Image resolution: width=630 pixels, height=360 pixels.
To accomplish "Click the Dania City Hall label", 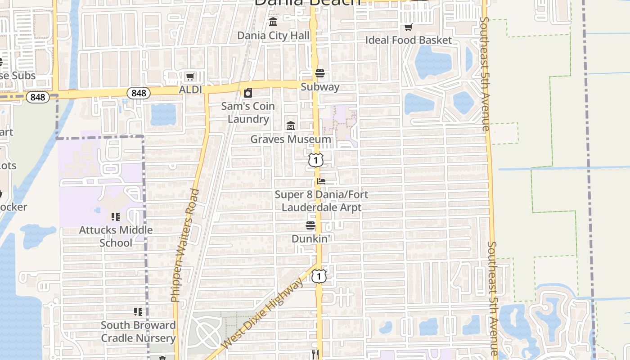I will pos(274,36).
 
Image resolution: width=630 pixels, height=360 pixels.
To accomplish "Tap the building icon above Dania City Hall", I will pos(273,22).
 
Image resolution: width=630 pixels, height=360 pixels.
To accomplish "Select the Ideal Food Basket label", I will pos(408,40).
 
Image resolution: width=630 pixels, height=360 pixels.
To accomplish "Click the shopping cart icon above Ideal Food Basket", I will pos(408,27).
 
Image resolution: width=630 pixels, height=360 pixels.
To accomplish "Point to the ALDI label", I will pos(190,90).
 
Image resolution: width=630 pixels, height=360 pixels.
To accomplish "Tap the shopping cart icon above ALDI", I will pos(190,77).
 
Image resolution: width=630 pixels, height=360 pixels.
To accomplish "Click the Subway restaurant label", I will pos(320,87).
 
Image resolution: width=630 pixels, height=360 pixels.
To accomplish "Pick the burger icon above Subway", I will pos(320,73).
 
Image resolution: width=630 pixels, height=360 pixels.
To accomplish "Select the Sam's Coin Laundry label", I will pos(248,112).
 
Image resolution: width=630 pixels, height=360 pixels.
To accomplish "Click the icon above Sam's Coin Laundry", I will pos(248,93).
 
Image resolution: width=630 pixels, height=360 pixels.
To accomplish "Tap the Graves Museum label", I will pos(290,139).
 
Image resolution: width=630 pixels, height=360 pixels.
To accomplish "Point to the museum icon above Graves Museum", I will pos(291,126).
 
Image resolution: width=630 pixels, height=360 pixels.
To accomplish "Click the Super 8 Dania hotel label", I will pos(321,201).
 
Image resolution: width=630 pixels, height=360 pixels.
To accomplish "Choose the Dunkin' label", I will pos(311,238).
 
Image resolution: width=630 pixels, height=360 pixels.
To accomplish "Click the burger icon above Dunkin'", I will pos(311,225).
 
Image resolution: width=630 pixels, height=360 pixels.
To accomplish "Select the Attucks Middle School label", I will pos(116,236).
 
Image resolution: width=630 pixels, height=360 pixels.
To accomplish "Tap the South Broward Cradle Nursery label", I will pos(138,331).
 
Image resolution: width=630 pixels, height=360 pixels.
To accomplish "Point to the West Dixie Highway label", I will pos(263,313).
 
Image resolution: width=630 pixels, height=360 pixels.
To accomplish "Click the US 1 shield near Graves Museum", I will pos(316,159).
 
